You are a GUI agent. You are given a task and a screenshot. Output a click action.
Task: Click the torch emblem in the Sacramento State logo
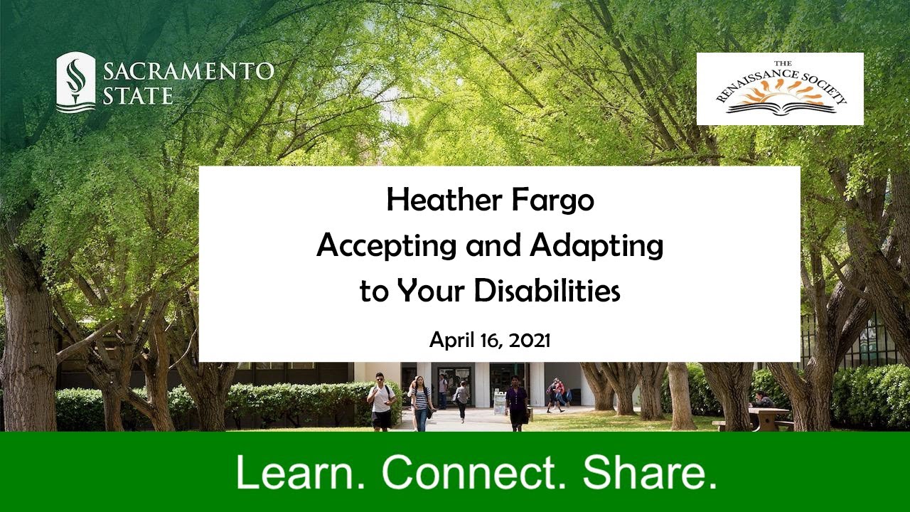click(x=75, y=82)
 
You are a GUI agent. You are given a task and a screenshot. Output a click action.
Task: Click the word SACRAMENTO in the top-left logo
click(x=188, y=71)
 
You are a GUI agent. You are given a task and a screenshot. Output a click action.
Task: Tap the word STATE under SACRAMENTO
click(x=137, y=95)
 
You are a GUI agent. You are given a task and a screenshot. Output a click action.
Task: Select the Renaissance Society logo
click(x=780, y=89)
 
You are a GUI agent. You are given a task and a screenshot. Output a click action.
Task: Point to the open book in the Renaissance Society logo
click(x=780, y=107)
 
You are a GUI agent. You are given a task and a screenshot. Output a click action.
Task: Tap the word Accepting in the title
click(x=386, y=246)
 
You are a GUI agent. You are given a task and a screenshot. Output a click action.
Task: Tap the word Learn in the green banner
click(x=301, y=472)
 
